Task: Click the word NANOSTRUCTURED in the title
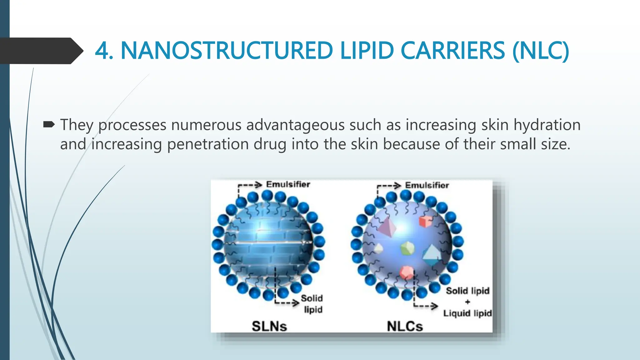coord(227,51)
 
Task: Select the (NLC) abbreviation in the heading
coord(540,51)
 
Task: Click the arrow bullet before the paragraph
coord(49,125)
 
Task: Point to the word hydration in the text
coord(547,125)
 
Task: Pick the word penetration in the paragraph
coord(207,144)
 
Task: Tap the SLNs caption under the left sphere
coord(269,326)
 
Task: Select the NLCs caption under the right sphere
coord(405,326)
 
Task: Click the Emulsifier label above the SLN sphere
coord(288,184)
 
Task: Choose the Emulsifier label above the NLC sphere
coord(427,185)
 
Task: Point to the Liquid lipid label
coord(467,313)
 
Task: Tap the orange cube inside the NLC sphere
coord(425,222)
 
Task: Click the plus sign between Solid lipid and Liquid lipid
coord(467,302)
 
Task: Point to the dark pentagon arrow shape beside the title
coord(41,51)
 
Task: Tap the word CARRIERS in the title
coord(452,51)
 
